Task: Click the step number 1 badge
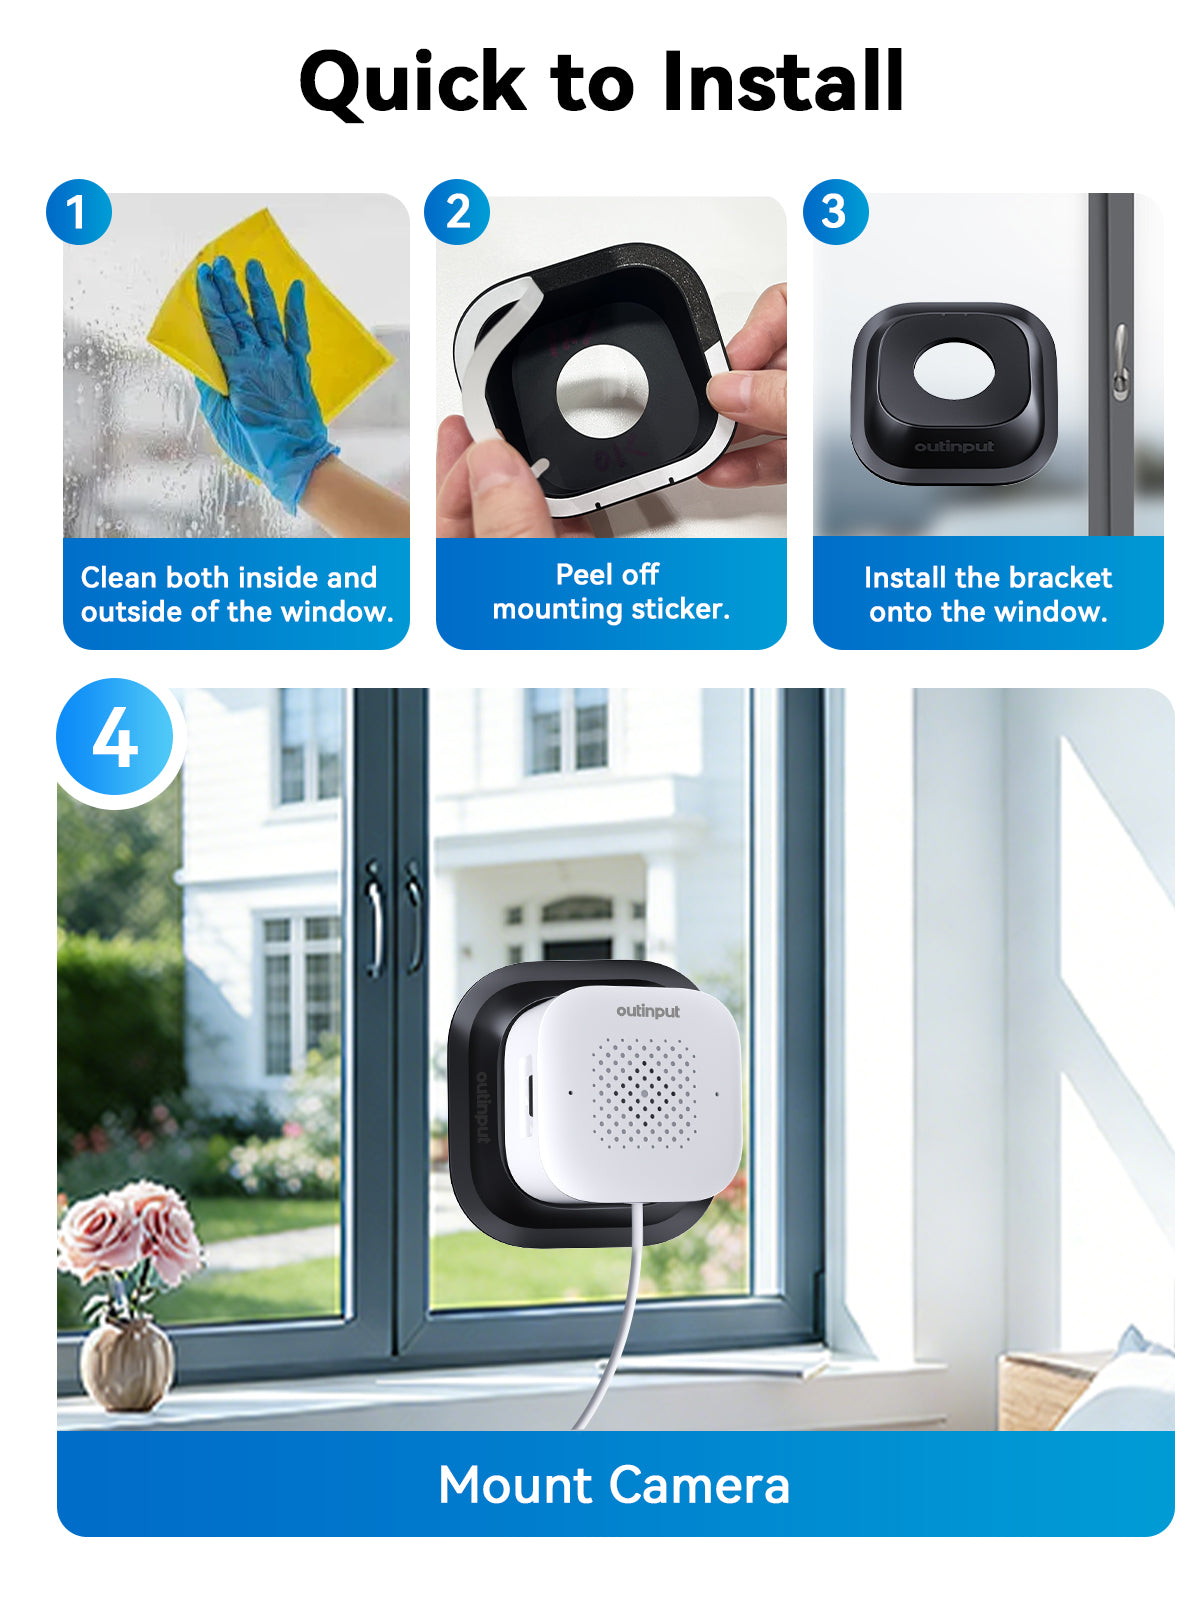point(78,212)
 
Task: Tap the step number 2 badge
point(457,212)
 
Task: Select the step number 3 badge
point(835,212)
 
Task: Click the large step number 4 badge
point(116,738)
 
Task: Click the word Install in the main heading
point(783,82)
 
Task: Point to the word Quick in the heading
point(412,82)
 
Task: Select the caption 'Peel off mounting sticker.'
point(610,592)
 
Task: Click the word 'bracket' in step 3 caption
point(1060,578)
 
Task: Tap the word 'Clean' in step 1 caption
point(118,578)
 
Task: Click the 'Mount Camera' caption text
point(614,1485)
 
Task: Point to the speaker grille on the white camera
point(644,1092)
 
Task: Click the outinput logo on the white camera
point(648,1012)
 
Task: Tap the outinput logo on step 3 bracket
point(954,446)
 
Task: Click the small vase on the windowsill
point(128,1362)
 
